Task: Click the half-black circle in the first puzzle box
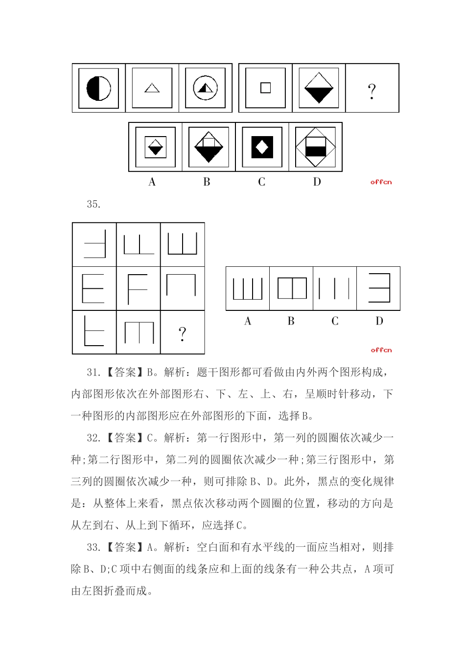coord(98,88)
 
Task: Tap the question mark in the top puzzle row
coord(372,91)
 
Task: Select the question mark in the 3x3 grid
coord(182,333)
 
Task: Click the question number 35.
coord(93,205)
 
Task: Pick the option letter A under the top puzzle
coord(152,182)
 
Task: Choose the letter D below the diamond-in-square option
coord(317,182)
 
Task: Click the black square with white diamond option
coord(262,147)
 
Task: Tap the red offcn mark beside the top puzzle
coord(381,182)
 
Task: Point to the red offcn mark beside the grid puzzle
coord(381,350)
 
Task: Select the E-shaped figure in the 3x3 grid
coord(93,289)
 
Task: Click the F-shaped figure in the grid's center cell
coord(138,289)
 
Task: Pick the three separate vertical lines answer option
coord(334,288)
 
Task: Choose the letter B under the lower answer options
coord(291,321)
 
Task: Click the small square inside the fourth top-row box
coord(265,88)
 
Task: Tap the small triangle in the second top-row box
coord(152,88)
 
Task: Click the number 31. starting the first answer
coord(93,373)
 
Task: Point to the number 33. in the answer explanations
coord(93,548)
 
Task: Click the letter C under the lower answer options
coord(335,321)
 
